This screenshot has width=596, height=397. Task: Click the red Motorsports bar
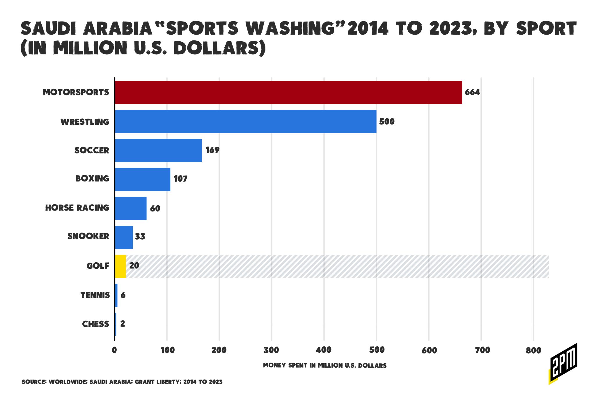(288, 92)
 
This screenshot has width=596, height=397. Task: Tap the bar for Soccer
(158, 150)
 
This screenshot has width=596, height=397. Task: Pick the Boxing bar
(143, 179)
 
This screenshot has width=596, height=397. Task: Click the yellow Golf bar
(120, 266)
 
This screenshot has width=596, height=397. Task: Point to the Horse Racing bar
(131, 208)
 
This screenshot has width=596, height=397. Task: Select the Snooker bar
(124, 237)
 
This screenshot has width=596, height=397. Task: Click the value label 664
(472, 92)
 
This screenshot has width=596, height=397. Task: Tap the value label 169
(212, 150)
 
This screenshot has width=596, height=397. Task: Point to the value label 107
(180, 179)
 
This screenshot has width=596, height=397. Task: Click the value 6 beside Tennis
(123, 295)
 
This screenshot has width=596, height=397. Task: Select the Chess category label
(95, 324)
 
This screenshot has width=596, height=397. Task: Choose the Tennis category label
(95, 295)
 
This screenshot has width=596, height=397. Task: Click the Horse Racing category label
(77, 208)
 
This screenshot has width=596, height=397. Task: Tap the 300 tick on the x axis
(271, 350)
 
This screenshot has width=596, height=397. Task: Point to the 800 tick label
(533, 350)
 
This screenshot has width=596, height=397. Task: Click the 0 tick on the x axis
(114, 350)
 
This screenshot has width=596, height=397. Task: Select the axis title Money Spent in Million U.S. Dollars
(325, 365)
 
